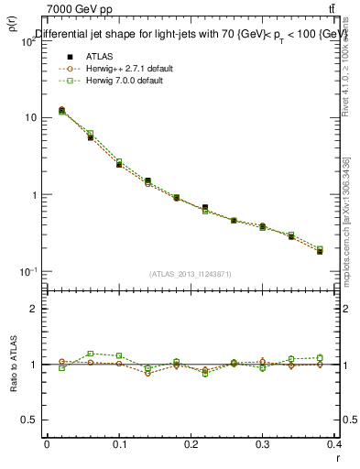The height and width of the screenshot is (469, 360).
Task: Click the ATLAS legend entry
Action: pyautogui.click(x=98, y=57)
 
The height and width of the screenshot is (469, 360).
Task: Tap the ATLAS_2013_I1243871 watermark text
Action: pyautogui.click(x=191, y=274)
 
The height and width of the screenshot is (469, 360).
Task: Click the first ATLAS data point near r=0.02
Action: pyautogui.click(x=61, y=110)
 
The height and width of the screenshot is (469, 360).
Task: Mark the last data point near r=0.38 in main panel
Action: pyautogui.click(x=320, y=250)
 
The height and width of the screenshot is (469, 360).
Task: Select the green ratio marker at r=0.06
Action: pyautogui.click(x=90, y=354)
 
